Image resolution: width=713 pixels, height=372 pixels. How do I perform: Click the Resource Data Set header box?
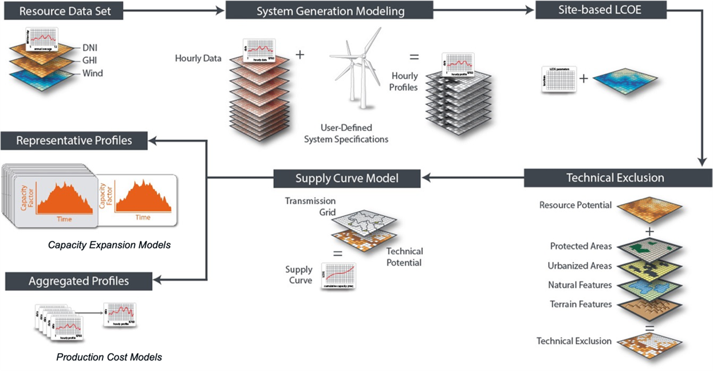point(61,10)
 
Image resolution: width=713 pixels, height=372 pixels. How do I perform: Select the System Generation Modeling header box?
point(330,11)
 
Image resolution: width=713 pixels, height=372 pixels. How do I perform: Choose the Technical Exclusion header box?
point(615,177)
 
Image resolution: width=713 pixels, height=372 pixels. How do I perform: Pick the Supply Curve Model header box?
point(347,178)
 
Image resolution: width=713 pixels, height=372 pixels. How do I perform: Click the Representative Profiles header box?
point(74,140)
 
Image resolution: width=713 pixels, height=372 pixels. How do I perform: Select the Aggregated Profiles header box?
point(78,280)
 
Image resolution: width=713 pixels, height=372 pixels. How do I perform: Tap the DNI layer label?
point(90,48)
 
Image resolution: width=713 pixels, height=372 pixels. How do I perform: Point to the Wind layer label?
point(93,73)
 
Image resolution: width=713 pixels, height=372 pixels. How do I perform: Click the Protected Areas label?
point(581,246)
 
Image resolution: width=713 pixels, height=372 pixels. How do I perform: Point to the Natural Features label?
point(580,285)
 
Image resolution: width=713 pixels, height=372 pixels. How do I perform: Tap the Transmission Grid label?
point(310,206)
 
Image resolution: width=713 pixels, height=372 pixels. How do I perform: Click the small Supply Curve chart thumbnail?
point(338,275)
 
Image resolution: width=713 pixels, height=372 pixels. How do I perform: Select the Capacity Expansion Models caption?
point(109,245)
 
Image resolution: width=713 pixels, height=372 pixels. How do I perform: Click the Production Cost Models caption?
point(109,357)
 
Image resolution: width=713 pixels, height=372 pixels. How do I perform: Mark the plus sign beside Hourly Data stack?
point(300,55)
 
